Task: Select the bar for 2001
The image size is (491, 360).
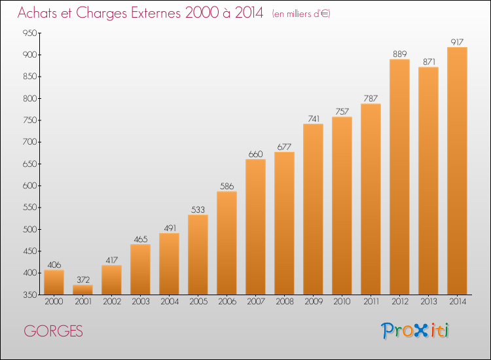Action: click(82, 289)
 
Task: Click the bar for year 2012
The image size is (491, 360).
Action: click(399, 177)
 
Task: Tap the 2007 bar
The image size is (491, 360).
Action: click(255, 227)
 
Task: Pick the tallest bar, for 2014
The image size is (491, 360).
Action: click(457, 171)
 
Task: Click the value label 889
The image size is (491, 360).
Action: click(399, 54)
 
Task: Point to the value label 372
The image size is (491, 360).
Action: click(83, 279)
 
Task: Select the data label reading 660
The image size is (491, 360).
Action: click(255, 154)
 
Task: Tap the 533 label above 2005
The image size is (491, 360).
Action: click(198, 209)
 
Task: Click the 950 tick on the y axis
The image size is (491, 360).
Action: click(29, 33)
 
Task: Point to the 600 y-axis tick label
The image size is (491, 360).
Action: click(29, 186)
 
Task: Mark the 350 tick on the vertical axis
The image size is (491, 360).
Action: click(29, 295)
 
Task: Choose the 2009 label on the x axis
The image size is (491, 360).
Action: click(313, 302)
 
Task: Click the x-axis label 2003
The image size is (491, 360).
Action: click(140, 302)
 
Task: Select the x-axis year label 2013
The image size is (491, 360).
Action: click(428, 302)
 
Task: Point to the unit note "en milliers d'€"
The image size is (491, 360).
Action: click(301, 14)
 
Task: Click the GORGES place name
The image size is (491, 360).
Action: click(53, 331)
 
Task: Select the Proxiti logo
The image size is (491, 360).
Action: click(414, 331)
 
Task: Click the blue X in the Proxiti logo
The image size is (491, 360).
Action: click(420, 331)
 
